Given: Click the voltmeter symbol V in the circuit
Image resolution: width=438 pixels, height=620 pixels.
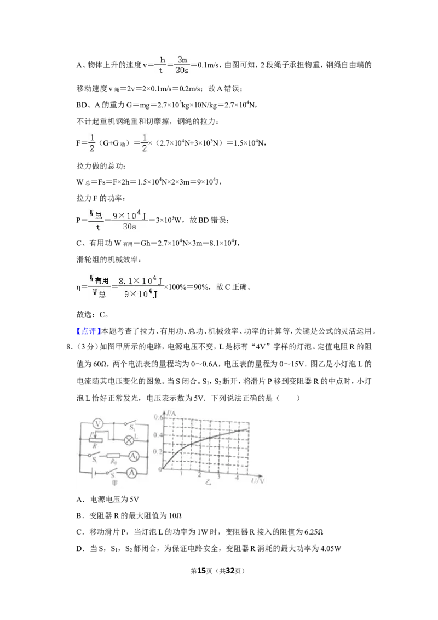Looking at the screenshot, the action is [x=97, y=424].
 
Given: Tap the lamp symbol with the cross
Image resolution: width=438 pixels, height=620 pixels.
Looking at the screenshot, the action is [x=129, y=440].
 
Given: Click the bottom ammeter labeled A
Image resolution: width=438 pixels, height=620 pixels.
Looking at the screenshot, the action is [x=131, y=473].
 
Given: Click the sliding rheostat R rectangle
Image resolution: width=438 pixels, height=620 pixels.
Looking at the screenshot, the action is [x=95, y=439].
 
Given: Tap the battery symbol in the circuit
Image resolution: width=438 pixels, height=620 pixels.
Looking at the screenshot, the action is [x=93, y=473].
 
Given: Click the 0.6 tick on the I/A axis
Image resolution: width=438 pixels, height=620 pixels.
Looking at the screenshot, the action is [x=158, y=417].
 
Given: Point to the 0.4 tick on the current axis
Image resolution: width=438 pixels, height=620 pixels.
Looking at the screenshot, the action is [x=158, y=435].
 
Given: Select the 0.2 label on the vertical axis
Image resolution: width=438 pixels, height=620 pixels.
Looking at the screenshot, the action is [x=158, y=452].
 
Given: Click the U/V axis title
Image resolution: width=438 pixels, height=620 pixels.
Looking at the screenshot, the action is [x=257, y=481].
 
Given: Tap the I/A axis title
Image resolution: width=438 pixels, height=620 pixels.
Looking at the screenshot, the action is [x=171, y=414].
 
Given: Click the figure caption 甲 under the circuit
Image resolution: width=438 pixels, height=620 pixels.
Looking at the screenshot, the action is [x=114, y=483].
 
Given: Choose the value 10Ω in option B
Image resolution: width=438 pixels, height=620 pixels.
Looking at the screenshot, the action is [x=175, y=515].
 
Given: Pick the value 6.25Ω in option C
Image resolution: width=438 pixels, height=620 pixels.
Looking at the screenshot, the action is [x=314, y=532].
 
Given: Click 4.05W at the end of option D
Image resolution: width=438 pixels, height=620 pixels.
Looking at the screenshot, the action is [x=331, y=548].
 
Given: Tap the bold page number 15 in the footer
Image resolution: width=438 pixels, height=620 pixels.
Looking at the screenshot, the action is [x=201, y=571].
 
